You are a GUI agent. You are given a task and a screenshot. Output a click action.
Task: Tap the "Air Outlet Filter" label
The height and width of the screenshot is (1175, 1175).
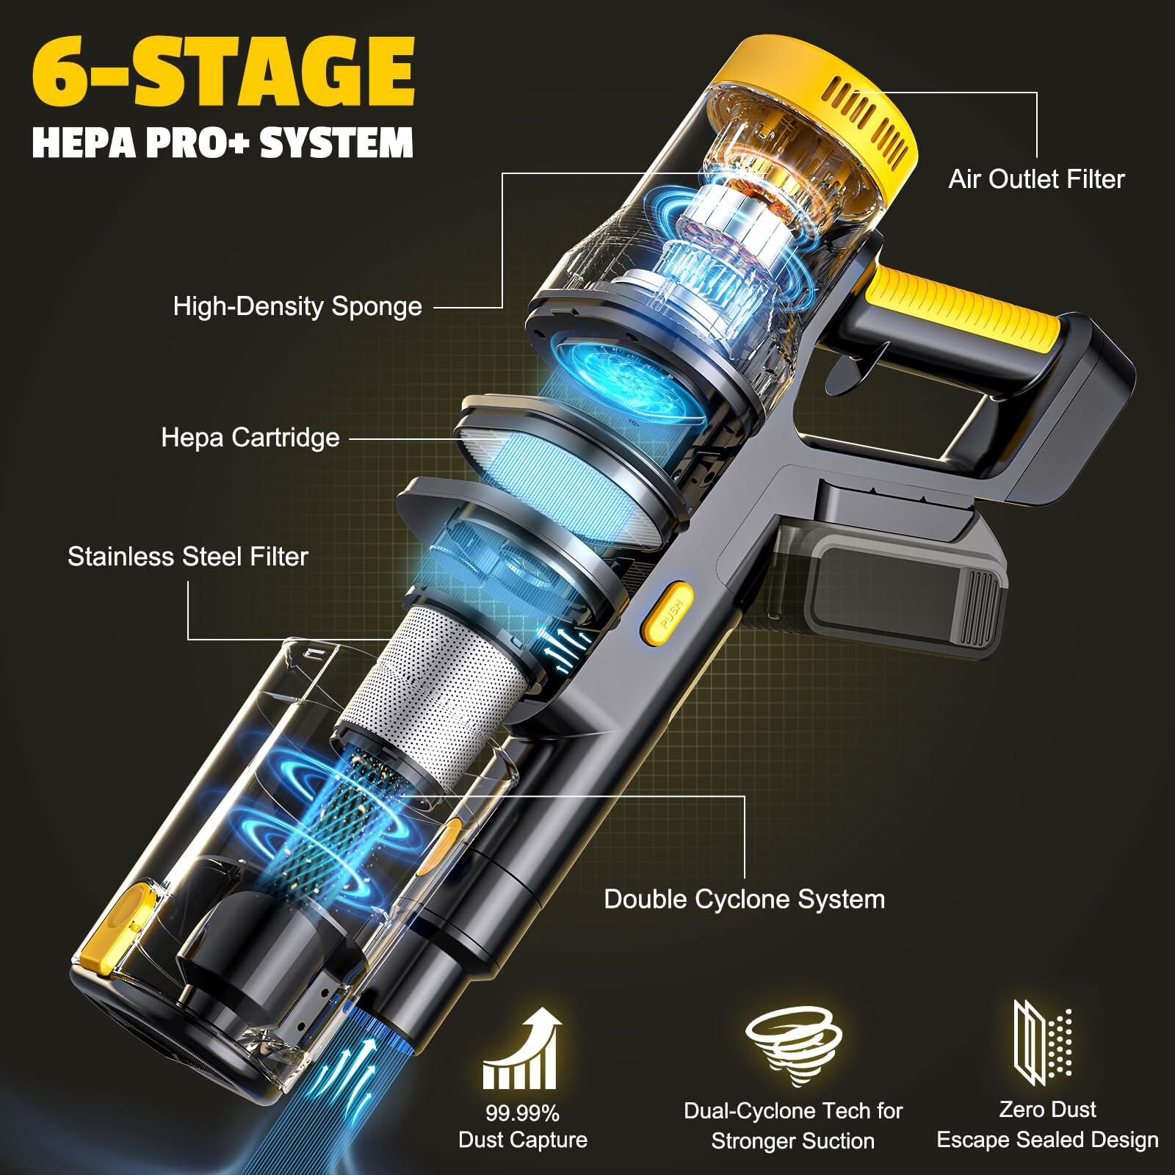click(x=1036, y=179)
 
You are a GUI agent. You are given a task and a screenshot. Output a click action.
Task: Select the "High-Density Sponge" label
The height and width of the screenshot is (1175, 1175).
click(x=297, y=306)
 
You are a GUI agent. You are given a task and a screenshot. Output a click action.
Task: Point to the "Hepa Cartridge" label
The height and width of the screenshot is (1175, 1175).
click(x=250, y=438)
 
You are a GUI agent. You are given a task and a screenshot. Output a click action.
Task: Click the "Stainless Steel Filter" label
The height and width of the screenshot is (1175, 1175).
click(x=188, y=557)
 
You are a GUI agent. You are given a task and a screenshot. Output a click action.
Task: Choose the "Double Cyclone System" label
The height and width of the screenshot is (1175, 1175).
click(x=745, y=900)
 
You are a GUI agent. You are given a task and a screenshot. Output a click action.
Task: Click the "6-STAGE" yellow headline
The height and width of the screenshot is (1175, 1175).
click(x=224, y=74)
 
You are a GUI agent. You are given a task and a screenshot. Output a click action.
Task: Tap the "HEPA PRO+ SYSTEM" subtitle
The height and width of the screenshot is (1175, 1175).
click(x=223, y=142)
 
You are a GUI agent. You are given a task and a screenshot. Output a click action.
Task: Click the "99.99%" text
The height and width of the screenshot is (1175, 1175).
click(x=522, y=1114)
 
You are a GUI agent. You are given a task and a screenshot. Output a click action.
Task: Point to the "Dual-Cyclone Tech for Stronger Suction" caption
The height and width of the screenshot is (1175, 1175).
click(x=793, y=1126)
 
